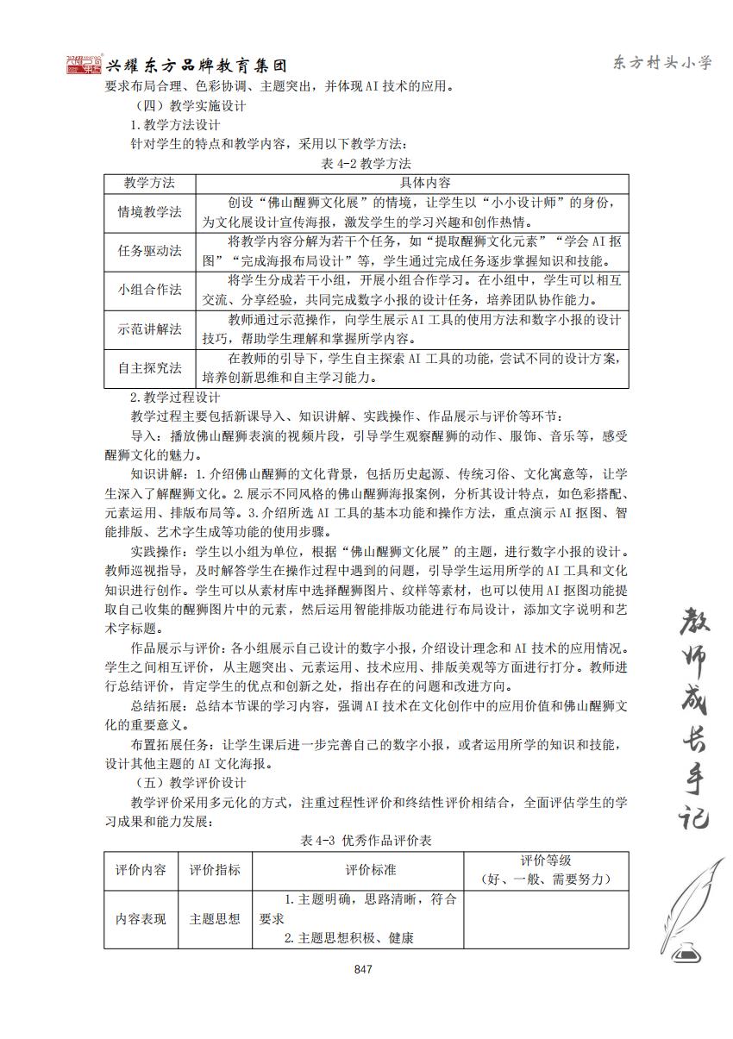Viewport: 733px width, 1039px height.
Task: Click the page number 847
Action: click(362, 970)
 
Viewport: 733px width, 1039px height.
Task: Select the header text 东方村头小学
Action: click(661, 63)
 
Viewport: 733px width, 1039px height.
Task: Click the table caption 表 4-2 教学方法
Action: click(366, 164)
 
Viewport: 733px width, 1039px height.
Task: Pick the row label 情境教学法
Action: click(150, 212)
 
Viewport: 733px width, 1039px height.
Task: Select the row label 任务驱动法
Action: click(150, 251)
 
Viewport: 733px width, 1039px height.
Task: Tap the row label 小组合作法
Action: click(150, 290)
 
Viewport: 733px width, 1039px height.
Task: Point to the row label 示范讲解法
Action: click(150, 329)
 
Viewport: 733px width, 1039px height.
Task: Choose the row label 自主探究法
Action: click(150, 368)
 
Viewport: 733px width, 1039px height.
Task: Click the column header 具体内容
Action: click(412, 184)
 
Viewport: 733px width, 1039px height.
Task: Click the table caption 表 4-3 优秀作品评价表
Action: click(366, 841)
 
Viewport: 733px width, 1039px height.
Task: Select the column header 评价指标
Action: click(215, 870)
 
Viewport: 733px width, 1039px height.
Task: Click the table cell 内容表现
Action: click(141, 918)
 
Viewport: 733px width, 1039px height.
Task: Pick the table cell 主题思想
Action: click(215, 918)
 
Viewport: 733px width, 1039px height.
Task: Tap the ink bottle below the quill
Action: click(687, 951)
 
